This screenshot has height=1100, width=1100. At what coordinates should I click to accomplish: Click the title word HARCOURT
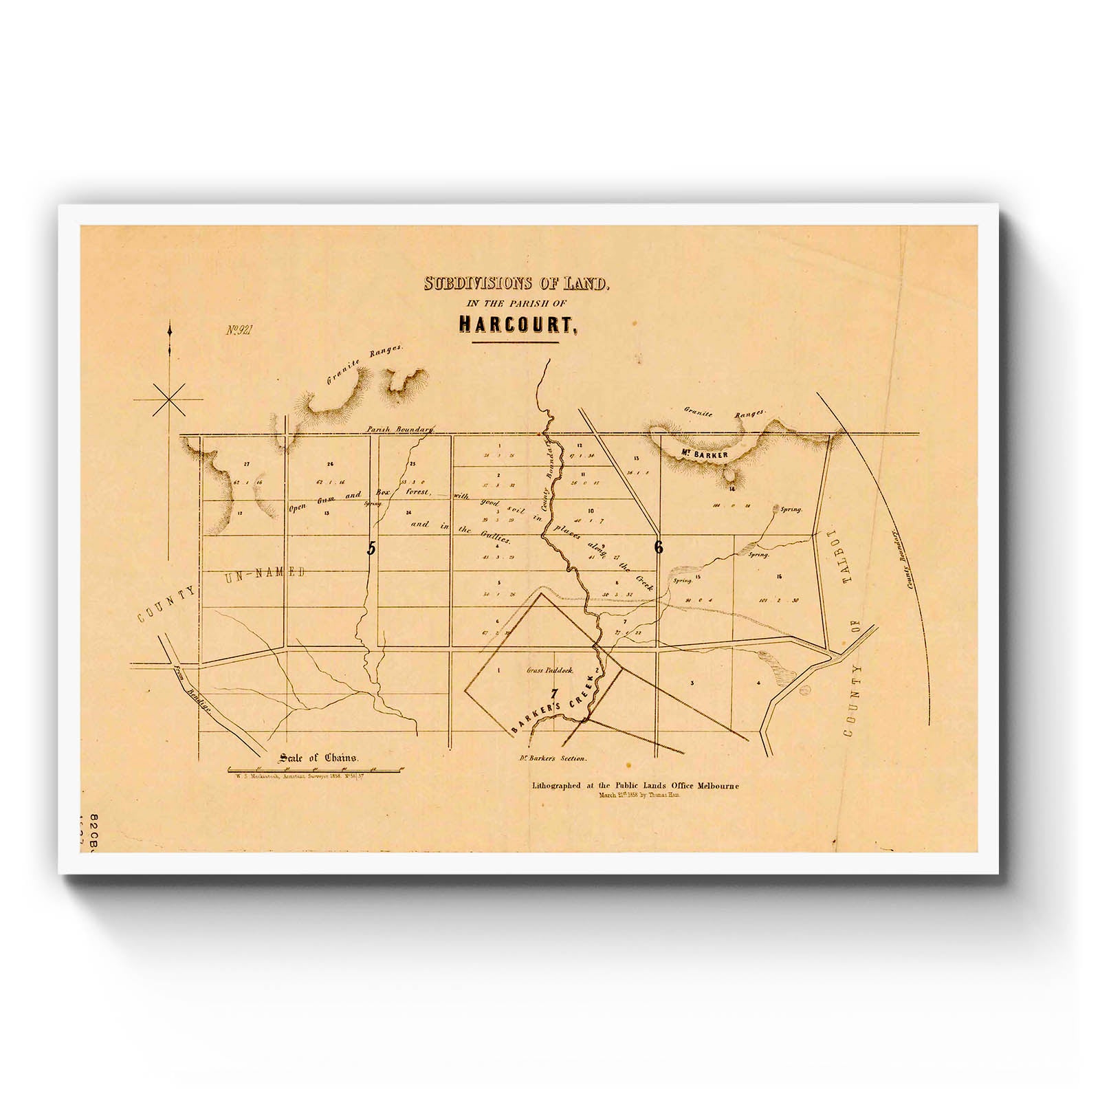pyautogui.click(x=514, y=323)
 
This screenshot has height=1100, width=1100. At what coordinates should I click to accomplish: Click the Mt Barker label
pyautogui.click(x=696, y=453)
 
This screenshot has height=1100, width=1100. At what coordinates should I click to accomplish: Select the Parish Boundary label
pyautogui.click(x=400, y=429)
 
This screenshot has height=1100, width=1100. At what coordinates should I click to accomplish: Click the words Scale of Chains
pyautogui.click(x=318, y=758)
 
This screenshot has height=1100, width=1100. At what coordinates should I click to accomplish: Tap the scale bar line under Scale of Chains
pyautogui.click(x=317, y=768)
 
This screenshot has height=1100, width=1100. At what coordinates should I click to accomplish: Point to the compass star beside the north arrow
pyautogui.click(x=169, y=399)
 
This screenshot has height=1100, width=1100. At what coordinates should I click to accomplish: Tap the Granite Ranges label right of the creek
pyautogui.click(x=724, y=414)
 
